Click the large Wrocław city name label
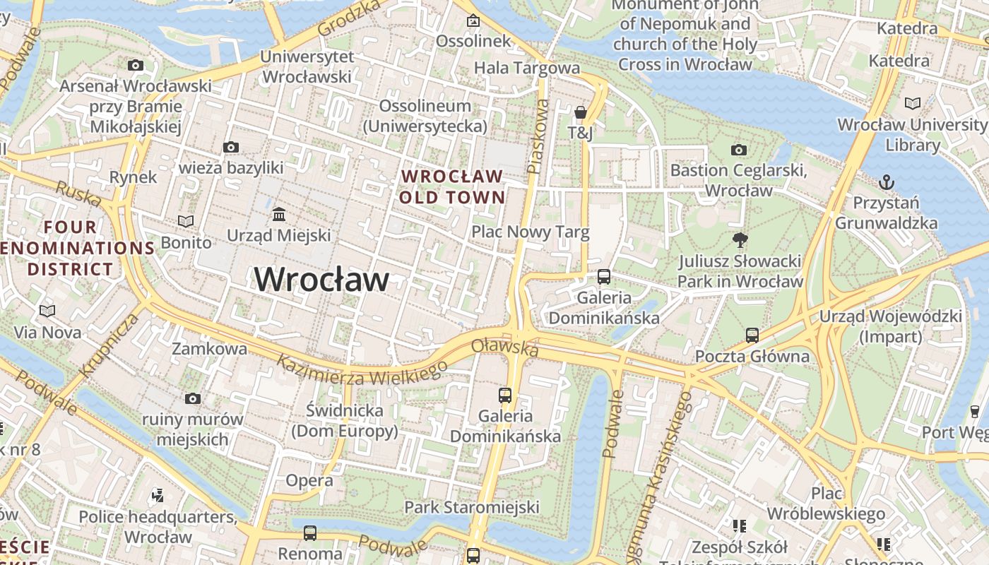point(321,280)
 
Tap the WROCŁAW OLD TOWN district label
point(452,186)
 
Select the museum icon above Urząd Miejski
point(279,214)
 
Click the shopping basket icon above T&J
point(581,112)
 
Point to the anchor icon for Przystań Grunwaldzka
point(887,183)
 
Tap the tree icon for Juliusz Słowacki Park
point(740,240)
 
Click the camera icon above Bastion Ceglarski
point(739,150)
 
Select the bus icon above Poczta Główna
point(752,335)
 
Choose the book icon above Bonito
point(186,221)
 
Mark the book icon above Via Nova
point(47,311)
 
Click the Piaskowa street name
point(538,136)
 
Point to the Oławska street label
point(504,347)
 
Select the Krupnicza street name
point(109,345)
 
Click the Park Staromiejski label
point(471,507)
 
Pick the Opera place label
point(309,481)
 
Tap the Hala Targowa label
point(526,68)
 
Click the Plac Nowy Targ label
point(530,232)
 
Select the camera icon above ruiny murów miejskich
point(192,399)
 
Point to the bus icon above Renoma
point(309,533)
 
